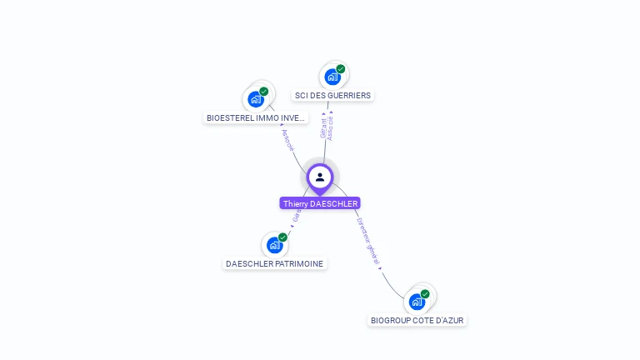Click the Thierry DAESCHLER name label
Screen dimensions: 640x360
coord(320,203)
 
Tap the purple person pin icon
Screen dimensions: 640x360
coord(320,177)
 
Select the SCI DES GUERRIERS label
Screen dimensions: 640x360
coord(332,96)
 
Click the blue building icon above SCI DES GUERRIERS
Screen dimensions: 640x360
coord(332,77)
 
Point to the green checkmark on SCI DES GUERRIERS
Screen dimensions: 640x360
coord(341,69)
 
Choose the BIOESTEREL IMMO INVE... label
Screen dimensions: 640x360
coord(256,118)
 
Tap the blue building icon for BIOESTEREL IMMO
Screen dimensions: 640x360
coord(256,99)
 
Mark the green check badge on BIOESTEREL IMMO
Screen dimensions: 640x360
coord(264,92)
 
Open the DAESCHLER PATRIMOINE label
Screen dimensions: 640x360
coord(275,264)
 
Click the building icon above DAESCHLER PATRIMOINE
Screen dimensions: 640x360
coord(275,245)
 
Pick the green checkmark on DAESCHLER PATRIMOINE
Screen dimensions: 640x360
coord(283,237)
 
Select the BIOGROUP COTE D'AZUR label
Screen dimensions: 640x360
coord(417,320)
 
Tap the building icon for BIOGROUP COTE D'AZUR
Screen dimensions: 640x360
coord(417,302)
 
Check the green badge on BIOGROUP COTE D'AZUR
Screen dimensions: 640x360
coord(425,294)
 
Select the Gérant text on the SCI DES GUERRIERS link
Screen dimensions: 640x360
coord(324,128)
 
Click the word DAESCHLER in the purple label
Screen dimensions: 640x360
coord(333,203)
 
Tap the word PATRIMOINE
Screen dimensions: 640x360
coord(298,264)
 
